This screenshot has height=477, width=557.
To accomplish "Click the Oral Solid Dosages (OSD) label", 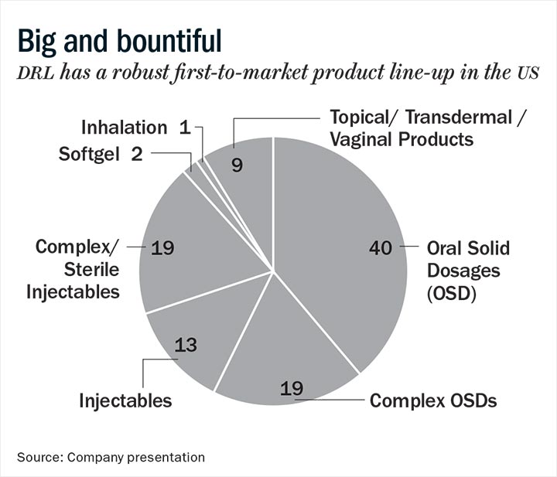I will pyautogui.click(x=469, y=271).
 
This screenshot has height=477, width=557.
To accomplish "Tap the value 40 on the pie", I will pyautogui.click(x=381, y=248).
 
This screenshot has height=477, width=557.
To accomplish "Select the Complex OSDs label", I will pyautogui.click(x=433, y=400).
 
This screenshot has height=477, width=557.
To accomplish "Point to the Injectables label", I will pyautogui.click(x=125, y=400).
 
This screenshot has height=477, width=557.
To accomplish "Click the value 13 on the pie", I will pyautogui.click(x=186, y=344).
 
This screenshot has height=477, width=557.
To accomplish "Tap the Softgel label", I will pyautogui.click(x=90, y=154).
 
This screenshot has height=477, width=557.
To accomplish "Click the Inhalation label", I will pyautogui.click(x=124, y=127).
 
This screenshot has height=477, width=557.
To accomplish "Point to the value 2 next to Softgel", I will pyautogui.click(x=137, y=154).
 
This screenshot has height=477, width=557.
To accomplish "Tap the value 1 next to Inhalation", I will pyautogui.click(x=184, y=127).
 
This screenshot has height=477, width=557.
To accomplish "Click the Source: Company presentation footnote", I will pyautogui.click(x=111, y=457).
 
